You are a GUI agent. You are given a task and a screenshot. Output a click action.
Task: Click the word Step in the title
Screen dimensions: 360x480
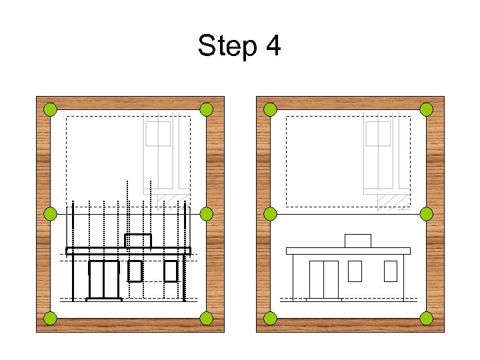pyautogui.click(x=227, y=47)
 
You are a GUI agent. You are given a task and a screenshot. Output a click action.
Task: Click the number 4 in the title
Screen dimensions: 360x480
pyautogui.click(x=273, y=47)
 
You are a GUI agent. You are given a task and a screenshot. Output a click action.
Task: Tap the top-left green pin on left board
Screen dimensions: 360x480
pyautogui.click(x=50, y=109)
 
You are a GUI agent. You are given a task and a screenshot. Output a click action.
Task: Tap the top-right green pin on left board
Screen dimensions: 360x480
pyautogui.click(x=207, y=109)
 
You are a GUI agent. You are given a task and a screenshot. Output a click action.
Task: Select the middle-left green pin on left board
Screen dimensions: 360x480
pyautogui.click(x=50, y=214)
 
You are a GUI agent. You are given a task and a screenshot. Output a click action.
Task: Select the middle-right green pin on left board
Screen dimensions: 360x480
pyautogui.click(x=207, y=214)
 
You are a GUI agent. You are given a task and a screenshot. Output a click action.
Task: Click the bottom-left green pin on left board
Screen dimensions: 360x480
pyautogui.click(x=50, y=318)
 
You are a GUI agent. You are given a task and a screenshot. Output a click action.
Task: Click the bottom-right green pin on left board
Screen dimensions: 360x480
pyautogui.click(x=207, y=318)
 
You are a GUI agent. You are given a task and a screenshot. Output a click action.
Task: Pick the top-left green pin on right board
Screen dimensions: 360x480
pyautogui.click(x=270, y=109)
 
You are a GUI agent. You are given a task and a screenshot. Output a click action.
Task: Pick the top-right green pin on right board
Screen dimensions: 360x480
pyautogui.click(x=427, y=109)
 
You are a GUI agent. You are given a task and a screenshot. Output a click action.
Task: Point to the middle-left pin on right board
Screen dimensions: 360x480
pyautogui.click(x=270, y=214)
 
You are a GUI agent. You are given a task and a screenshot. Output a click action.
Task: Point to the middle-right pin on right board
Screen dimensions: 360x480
pyautogui.click(x=427, y=214)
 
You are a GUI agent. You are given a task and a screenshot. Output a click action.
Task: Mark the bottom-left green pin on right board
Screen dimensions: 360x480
pyautogui.click(x=270, y=318)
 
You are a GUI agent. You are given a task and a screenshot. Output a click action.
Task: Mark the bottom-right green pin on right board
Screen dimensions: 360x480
pyautogui.click(x=427, y=318)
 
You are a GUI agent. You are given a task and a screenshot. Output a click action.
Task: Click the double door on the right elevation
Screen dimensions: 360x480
pyautogui.click(x=323, y=279)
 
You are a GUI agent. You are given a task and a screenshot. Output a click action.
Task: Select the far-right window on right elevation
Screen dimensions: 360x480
pyautogui.click(x=391, y=271)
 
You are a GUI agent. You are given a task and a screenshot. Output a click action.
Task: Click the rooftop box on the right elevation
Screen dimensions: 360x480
pyautogui.click(x=358, y=241)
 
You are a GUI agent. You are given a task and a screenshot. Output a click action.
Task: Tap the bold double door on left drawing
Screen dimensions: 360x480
pyautogui.click(x=104, y=279)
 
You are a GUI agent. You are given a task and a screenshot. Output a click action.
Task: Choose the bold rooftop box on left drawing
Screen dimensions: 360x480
pyautogui.click(x=138, y=241)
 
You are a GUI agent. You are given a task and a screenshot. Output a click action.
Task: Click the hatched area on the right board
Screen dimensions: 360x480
pyautogui.click(x=393, y=201)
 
